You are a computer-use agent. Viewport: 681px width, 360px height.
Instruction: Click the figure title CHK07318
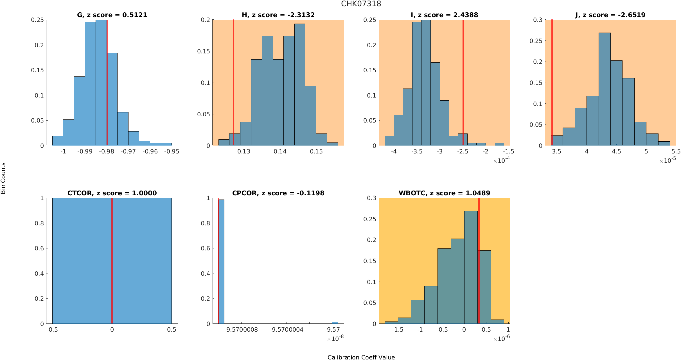click(361, 4)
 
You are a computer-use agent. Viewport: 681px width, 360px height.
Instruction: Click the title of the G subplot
click(112, 15)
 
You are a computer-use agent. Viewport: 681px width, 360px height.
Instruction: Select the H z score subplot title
click(278, 15)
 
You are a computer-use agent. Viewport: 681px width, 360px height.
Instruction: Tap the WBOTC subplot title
click(444, 193)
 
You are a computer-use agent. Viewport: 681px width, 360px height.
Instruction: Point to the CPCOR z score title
click(278, 193)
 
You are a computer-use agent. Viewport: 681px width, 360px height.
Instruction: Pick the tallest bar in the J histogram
click(605, 90)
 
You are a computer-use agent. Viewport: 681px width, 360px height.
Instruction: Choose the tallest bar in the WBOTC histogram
click(471, 267)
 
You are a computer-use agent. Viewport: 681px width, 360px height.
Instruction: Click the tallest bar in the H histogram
click(300, 84)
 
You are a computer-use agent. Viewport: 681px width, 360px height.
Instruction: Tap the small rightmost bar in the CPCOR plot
click(335, 323)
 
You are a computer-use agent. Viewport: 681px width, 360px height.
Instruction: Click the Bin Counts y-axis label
click(3, 178)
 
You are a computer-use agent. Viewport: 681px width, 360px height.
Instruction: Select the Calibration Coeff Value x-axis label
click(361, 357)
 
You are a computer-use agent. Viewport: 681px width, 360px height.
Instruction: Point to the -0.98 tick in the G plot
click(107, 151)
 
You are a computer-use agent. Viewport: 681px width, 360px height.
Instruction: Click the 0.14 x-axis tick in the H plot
click(280, 151)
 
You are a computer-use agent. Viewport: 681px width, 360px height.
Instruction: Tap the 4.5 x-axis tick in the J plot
click(616, 151)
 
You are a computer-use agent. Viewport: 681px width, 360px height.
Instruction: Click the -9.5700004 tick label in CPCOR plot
click(287, 330)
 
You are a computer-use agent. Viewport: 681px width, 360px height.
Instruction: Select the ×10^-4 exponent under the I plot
click(502, 160)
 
